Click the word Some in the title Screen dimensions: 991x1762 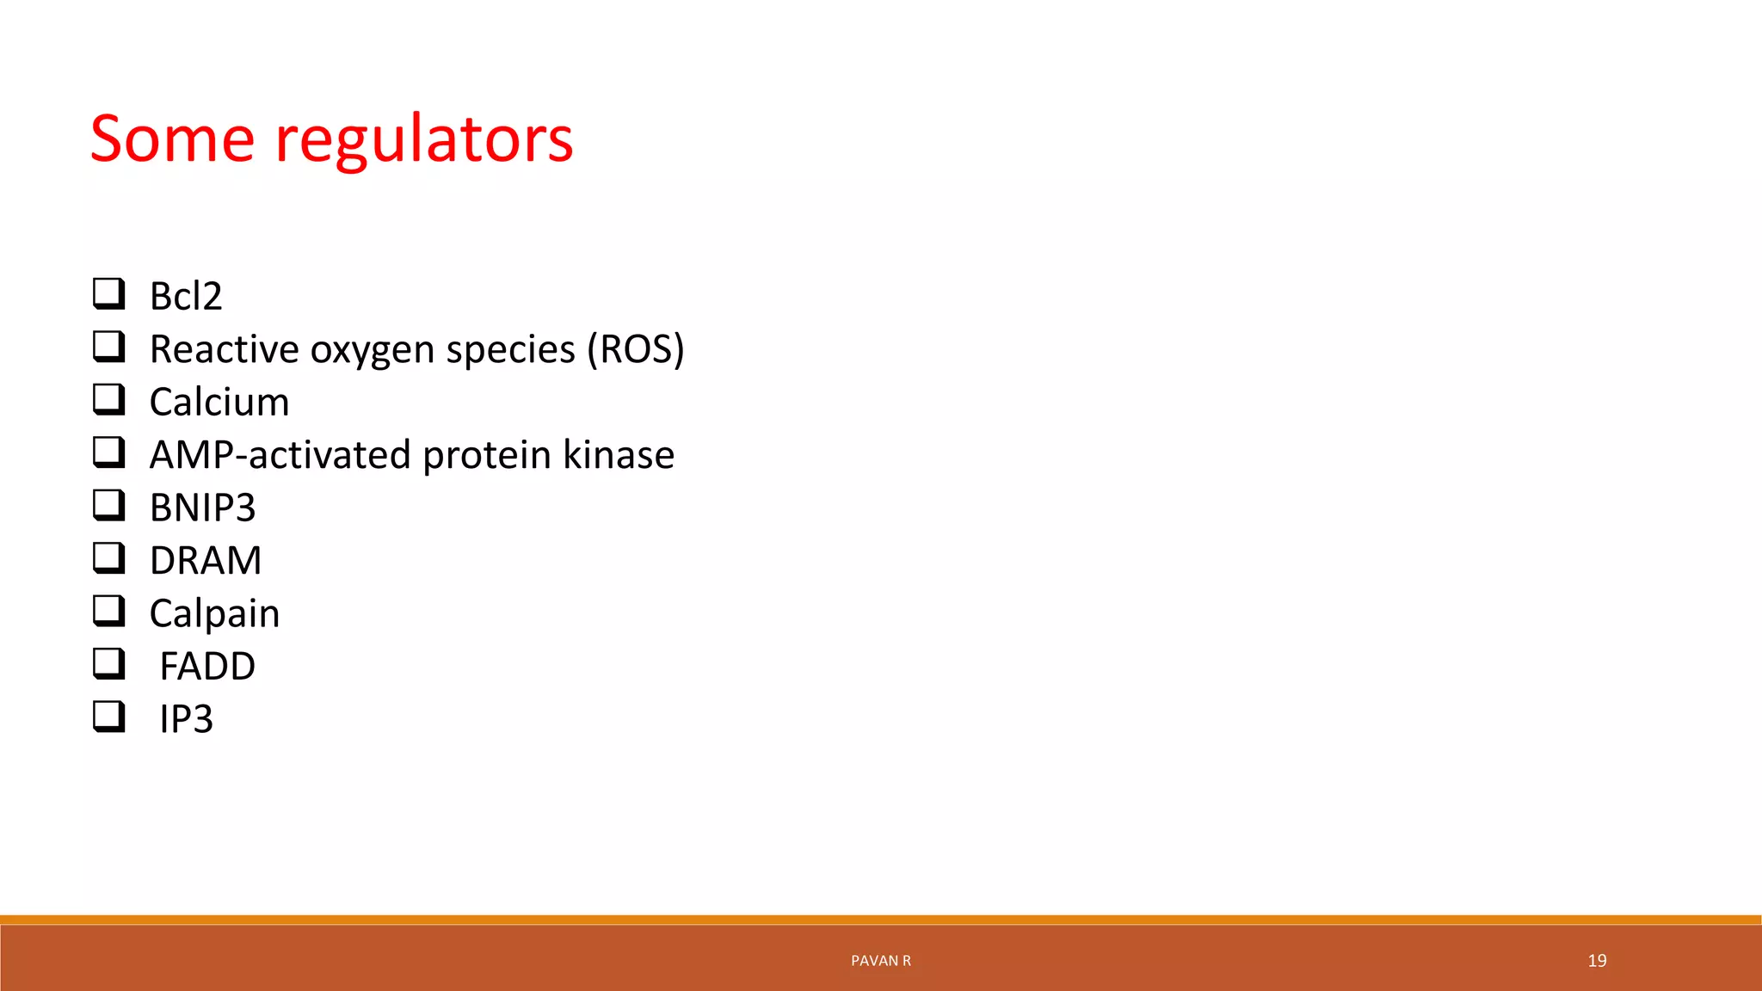pos(172,138)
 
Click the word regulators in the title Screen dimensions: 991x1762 pos(423,140)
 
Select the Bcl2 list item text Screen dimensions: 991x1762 pos(186,297)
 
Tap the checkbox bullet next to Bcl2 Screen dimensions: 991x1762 pos(109,294)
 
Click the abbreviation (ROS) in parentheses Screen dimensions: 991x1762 pos(635,349)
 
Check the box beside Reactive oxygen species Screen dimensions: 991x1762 pos(109,347)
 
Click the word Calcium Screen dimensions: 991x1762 pos(219,403)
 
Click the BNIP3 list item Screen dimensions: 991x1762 pos(202,508)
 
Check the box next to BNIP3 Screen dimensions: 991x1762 pos(109,505)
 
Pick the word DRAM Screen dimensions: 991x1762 pos(206,561)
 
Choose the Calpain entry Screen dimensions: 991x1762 pos(214,614)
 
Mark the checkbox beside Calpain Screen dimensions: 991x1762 pos(109,611)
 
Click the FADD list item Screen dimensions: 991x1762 pos(207,667)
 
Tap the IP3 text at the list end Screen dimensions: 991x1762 pos(186,719)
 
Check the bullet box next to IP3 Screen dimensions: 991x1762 pos(109,717)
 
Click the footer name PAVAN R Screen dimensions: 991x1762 pos(880,961)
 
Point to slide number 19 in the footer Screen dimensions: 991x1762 pos(1597,961)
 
